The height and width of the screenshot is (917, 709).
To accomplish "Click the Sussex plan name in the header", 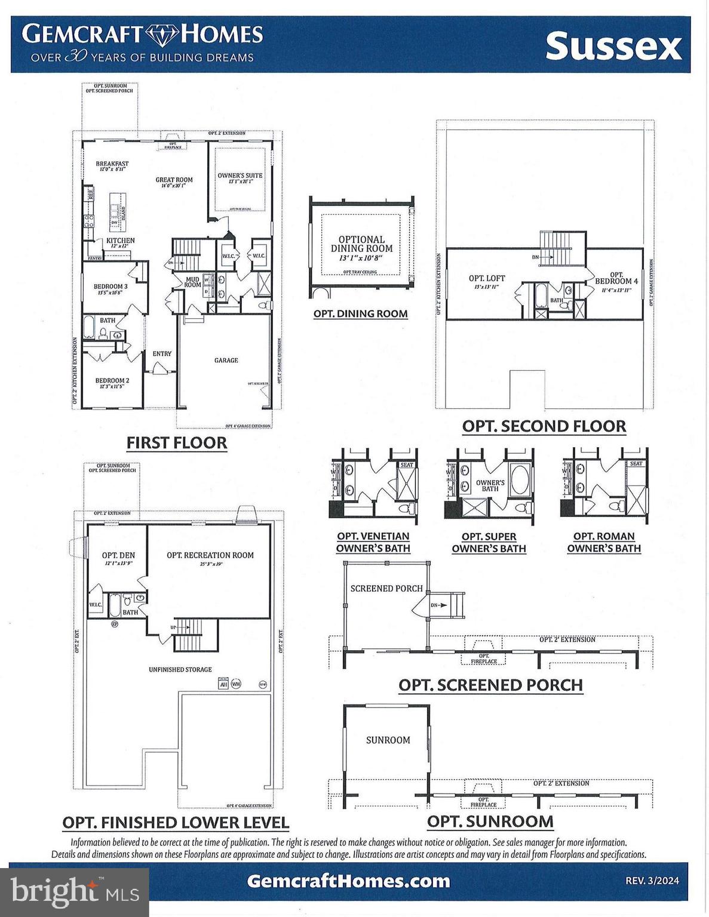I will [613, 47].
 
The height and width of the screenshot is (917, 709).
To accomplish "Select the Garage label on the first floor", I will [226, 360].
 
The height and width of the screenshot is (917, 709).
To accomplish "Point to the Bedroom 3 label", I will [111, 287].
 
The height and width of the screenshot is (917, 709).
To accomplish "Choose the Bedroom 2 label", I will [112, 380].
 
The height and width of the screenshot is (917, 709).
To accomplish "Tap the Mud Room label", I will [192, 282].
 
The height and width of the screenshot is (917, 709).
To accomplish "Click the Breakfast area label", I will [112, 164].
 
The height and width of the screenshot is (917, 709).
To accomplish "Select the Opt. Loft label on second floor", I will [487, 278].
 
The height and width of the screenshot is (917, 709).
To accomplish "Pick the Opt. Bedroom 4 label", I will [616, 278].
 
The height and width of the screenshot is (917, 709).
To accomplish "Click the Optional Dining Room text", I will [361, 244].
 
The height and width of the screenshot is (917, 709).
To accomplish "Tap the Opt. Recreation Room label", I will [210, 555].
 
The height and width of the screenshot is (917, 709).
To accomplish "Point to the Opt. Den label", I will [118, 555].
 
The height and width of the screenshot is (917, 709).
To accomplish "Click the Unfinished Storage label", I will [180, 669].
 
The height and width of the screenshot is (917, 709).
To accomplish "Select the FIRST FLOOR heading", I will [177, 443].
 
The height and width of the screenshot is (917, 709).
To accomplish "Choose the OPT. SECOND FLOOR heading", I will [544, 426].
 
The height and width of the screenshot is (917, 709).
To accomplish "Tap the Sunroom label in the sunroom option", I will [388, 740].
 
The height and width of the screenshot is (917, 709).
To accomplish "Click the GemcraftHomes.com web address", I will [348, 881].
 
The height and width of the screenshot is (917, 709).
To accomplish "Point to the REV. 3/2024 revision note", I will [652, 881].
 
